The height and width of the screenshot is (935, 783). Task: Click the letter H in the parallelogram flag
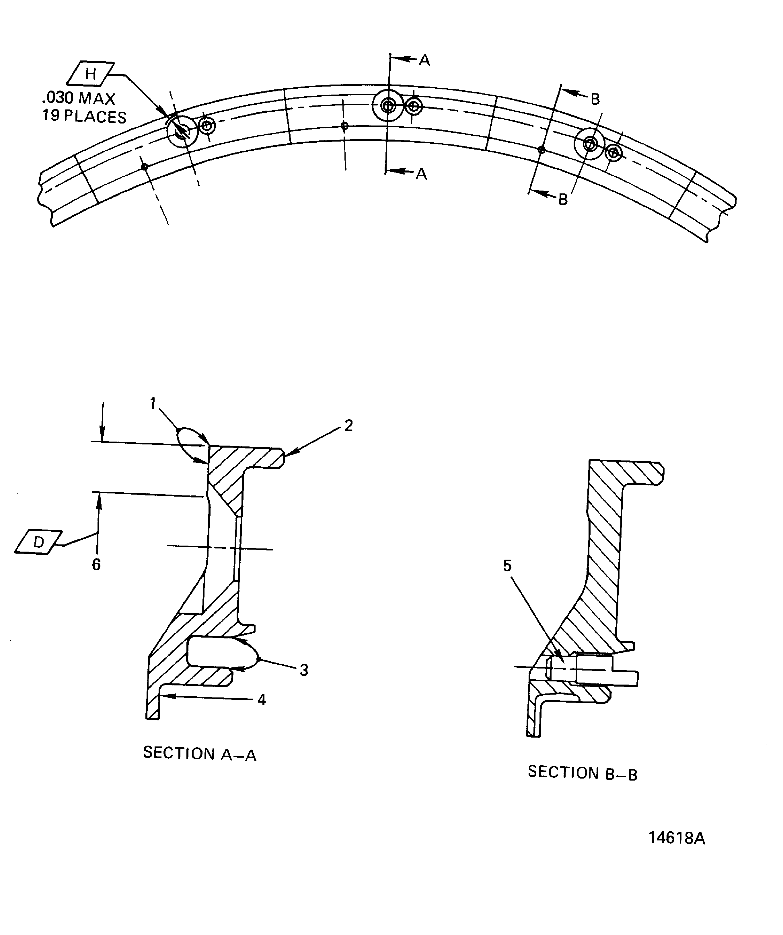(x=90, y=73)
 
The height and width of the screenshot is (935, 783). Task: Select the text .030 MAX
(x=79, y=98)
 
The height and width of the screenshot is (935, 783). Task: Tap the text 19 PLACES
(x=84, y=116)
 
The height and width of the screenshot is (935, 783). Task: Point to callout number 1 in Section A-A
(x=153, y=403)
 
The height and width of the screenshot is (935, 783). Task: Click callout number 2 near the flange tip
(x=348, y=426)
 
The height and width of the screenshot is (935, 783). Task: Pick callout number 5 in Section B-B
(x=507, y=566)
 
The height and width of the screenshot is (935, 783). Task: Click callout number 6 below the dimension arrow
(x=96, y=564)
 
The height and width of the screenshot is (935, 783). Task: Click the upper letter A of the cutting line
(x=424, y=60)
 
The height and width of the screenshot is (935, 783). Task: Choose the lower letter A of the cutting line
(x=421, y=174)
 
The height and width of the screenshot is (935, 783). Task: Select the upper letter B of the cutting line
(x=595, y=99)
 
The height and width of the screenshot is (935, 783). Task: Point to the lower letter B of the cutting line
(x=563, y=199)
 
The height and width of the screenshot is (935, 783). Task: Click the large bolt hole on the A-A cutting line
(x=388, y=105)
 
